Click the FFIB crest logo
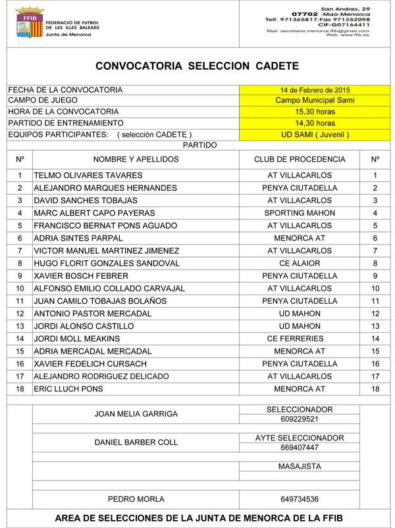[x=25, y=23]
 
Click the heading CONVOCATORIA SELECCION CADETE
[x=197, y=66]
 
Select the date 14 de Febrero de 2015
[x=315, y=90]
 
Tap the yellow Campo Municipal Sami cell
[x=315, y=101]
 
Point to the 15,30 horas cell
[x=315, y=112]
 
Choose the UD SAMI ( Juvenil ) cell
[x=315, y=134]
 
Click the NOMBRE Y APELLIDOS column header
[x=136, y=159]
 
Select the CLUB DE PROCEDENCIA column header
[x=300, y=159]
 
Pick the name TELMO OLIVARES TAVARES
[x=88, y=176]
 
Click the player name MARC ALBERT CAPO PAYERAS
[x=94, y=213]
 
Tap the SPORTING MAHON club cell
[x=300, y=213]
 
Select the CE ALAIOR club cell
[x=300, y=263]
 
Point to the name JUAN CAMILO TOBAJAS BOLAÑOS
[x=99, y=300]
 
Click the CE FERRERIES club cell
[x=300, y=338]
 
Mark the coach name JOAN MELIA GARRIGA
[x=136, y=414]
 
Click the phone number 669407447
[x=300, y=448]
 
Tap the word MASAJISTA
[x=300, y=466]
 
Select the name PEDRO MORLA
[x=136, y=499]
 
